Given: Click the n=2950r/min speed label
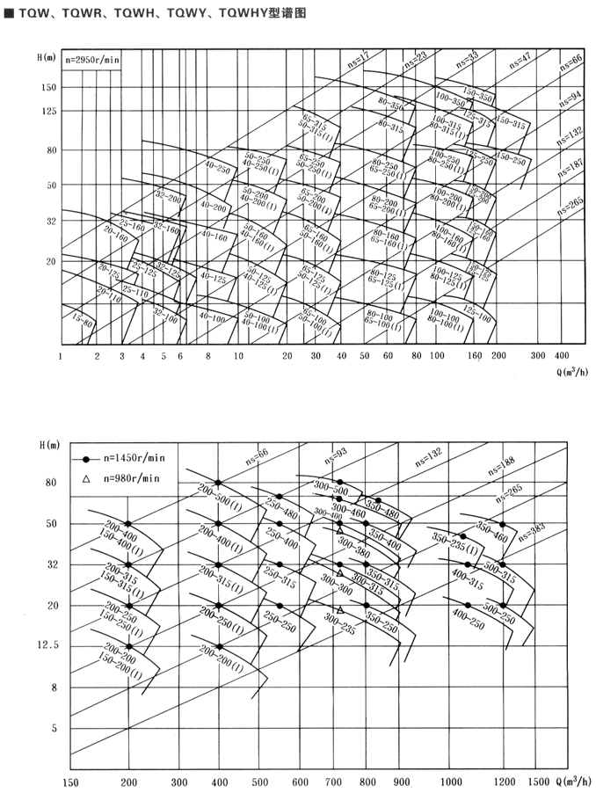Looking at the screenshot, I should pyautogui.click(x=92, y=61).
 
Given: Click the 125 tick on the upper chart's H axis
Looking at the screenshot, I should pyautogui.click(x=45, y=111).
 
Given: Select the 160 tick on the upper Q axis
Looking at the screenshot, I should pyautogui.click(x=475, y=357).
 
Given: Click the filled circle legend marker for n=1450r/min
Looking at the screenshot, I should pyautogui.click(x=86, y=459).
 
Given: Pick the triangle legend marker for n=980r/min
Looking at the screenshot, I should pyautogui.click(x=86, y=478).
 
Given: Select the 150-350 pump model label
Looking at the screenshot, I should pyautogui.click(x=480, y=96).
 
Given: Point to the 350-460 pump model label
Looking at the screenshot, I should pyautogui.click(x=492, y=531).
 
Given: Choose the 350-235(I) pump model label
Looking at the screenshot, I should pyautogui.click(x=448, y=544).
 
